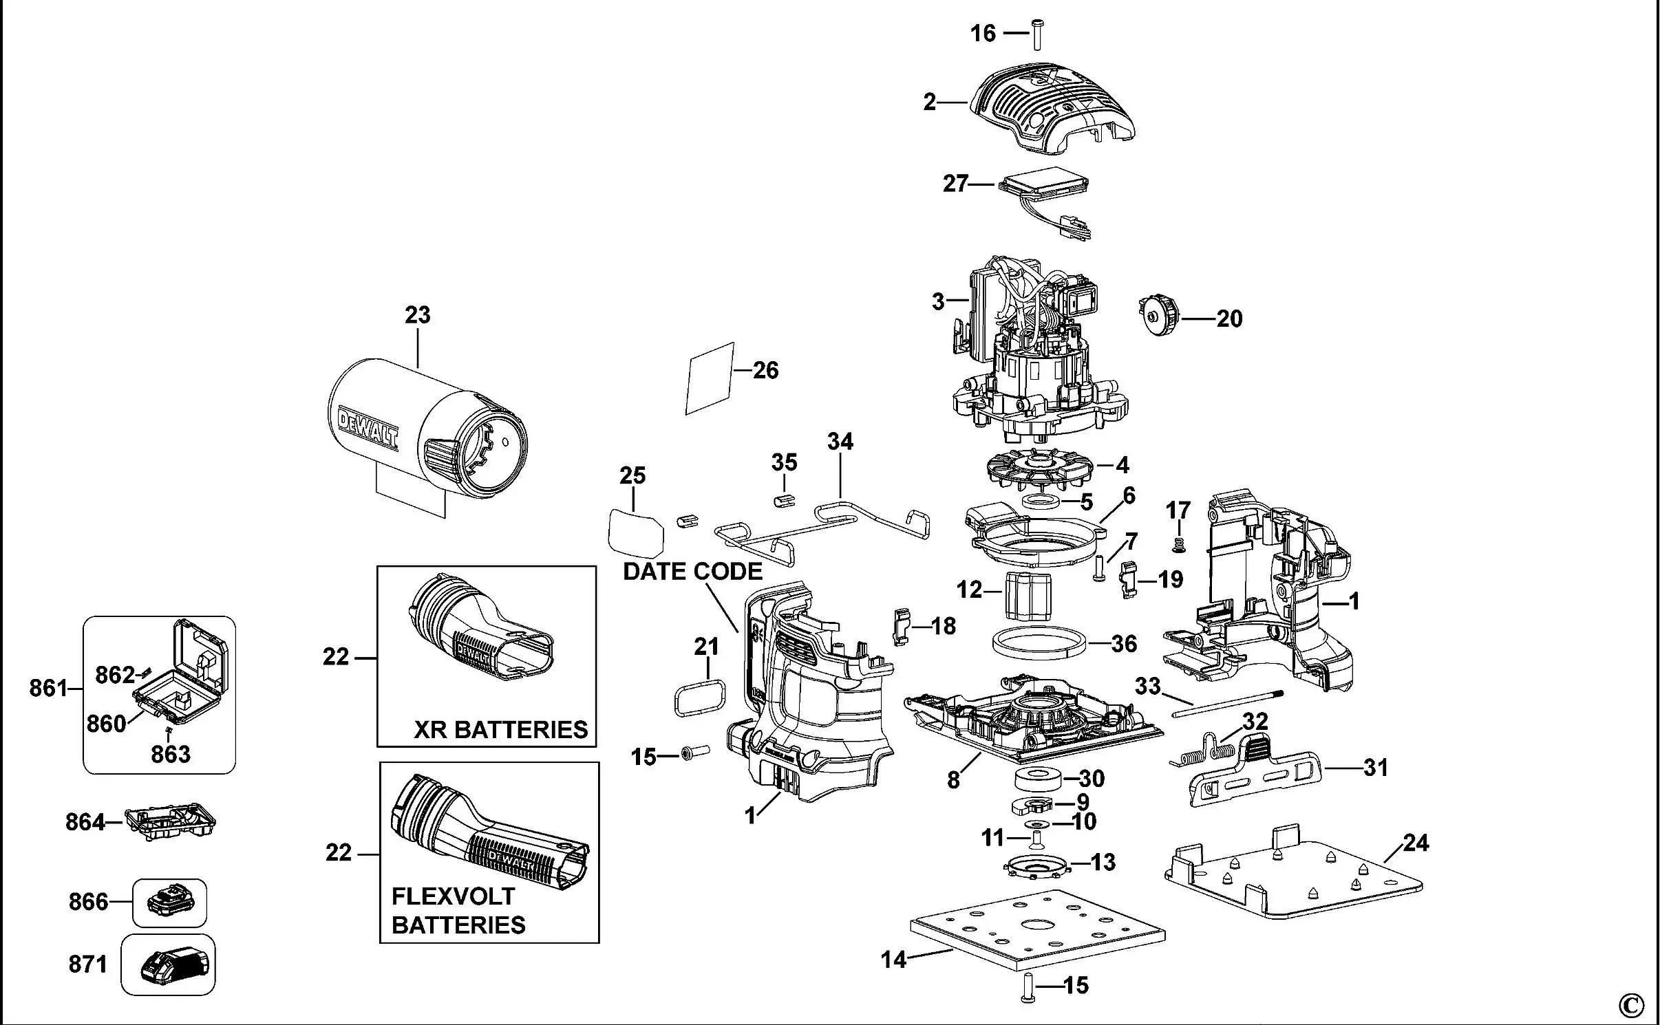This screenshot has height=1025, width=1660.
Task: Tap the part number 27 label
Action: pyautogui.click(x=955, y=184)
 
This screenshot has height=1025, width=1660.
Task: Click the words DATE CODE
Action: pyautogui.click(x=692, y=571)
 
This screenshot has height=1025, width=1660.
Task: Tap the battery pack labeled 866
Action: pyautogui.click(x=169, y=902)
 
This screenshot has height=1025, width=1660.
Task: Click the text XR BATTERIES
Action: pyautogui.click(x=500, y=729)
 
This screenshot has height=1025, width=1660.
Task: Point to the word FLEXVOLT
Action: pyautogui.click(x=453, y=896)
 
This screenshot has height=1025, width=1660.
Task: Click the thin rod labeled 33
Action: pyautogui.click(x=1228, y=704)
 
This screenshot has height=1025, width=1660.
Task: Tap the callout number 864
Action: pyautogui.click(x=85, y=822)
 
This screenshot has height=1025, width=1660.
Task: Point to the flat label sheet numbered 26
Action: pyautogui.click(x=709, y=378)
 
